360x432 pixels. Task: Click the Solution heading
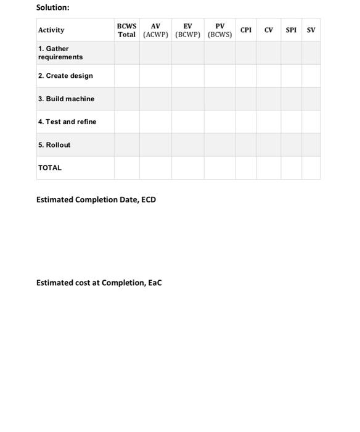[53, 7]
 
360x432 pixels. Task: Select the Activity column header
[51, 30]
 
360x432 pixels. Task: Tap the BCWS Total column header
[126, 30]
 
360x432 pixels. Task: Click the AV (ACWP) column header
[155, 30]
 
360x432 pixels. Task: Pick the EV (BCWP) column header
[187, 30]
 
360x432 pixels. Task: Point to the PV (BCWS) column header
[219, 30]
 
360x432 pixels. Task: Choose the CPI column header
[246, 30]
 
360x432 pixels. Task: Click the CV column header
[269, 30]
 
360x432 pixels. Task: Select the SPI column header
[291, 30]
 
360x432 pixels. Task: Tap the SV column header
[311, 30]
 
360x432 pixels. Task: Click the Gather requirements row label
[60, 52]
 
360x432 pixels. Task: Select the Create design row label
[65, 76]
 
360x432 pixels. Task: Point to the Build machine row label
[66, 99]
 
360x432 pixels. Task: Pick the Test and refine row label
[67, 122]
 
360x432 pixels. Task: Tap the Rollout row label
[54, 145]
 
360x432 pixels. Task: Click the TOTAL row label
[50, 168]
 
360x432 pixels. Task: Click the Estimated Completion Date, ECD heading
[96, 200]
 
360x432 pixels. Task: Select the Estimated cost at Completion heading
[99, 283]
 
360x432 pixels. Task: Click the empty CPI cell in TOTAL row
[246, 168]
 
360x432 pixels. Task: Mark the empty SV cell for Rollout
[311, 145]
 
